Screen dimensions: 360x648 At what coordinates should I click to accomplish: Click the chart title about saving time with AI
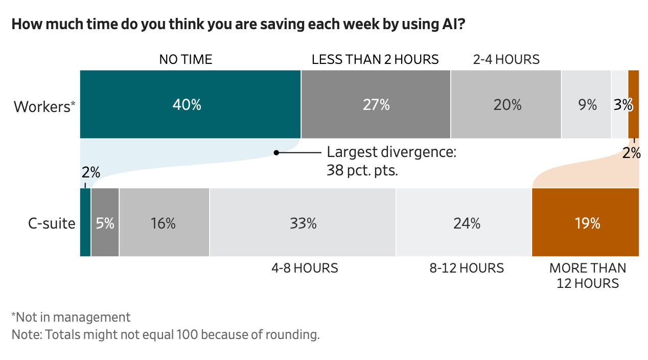(238, 25)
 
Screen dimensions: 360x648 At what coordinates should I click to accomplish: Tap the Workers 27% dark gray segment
(376, 104)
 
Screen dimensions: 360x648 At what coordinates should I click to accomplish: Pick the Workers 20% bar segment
(506, 104)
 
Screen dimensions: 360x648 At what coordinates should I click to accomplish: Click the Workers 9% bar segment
(586, 104)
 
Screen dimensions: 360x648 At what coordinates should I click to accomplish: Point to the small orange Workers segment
(633, 104)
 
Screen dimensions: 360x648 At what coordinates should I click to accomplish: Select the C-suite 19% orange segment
(585, 222)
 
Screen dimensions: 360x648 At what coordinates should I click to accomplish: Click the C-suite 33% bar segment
(303, 222)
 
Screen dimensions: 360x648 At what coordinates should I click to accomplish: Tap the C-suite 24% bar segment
(464, 222)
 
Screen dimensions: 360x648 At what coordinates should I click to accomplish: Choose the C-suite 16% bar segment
(164, 222)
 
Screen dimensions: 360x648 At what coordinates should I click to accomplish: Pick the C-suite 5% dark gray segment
(105, 222)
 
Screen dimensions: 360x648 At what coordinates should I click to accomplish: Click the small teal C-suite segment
(85, 222)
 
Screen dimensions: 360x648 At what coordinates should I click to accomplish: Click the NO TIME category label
(186, 59)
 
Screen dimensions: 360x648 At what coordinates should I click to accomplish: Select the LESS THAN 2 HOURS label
(375, 59)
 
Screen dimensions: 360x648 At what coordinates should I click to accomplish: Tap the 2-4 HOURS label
(506, 59)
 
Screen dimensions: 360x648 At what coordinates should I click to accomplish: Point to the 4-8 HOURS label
(305, 268)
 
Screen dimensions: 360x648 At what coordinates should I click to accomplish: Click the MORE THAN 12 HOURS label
(587, 276)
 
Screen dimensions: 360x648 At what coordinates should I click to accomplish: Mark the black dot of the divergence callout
(276, 152)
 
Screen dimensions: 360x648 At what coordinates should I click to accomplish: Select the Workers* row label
(44, 107)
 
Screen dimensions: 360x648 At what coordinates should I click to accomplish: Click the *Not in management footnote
(71, 317)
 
